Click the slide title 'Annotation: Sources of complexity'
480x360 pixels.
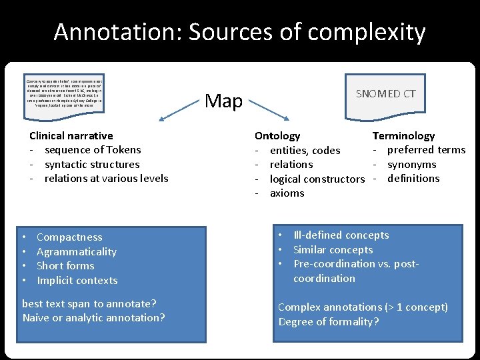tap(239, 31)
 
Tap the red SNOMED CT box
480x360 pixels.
tap(385, 93)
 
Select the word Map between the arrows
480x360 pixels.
tap(223, 101)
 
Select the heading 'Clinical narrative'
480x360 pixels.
tap(71, 135)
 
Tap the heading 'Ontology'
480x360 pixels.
tap(277, 135)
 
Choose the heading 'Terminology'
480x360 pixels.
tap(403, 135)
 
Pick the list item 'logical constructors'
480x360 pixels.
tap(317, 179)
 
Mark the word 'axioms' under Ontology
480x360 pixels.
tap(287, 193)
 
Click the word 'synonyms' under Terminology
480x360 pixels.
tap(411, 164)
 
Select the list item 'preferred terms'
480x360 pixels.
tap(426, 149)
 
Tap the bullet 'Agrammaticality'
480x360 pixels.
tap(76, 251)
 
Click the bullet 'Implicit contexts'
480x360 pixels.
tap(77, 281)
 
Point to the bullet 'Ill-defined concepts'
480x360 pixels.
tap(341, 235)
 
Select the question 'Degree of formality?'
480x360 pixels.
tap(329, 321)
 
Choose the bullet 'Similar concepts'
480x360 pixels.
tap(333, 249)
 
